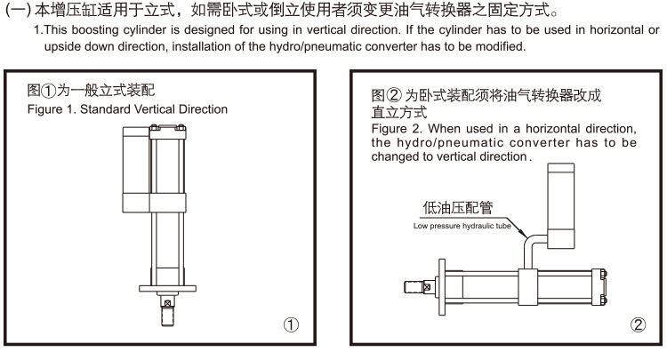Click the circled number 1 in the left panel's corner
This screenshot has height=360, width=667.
291,324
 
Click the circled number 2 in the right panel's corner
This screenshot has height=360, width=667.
637,324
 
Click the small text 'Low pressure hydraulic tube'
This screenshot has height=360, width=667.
459,226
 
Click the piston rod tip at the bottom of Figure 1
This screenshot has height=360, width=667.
166,314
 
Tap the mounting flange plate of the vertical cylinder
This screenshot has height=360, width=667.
166,287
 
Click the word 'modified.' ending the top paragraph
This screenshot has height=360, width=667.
502,46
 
